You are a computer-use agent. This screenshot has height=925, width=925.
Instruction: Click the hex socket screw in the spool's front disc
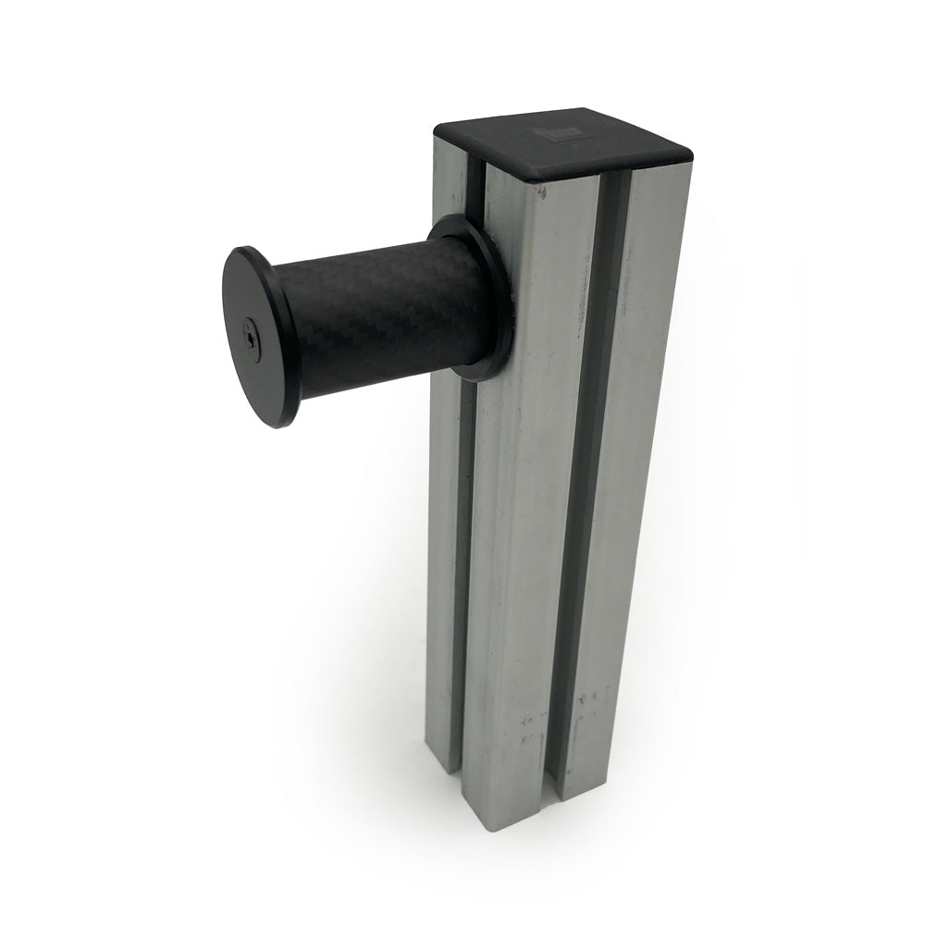coord(252,340)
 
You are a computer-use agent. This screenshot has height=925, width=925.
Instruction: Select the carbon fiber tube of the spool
coord(379,314)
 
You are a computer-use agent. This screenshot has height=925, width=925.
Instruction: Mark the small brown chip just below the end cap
coord(543,192)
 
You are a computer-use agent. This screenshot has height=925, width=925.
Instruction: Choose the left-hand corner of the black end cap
coord(438,129)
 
